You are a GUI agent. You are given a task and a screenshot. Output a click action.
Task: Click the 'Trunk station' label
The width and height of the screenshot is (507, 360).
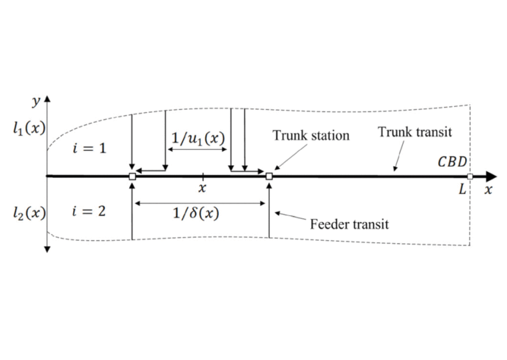click(311, 135)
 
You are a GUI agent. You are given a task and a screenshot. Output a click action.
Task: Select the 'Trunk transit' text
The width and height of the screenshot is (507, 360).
click(415, 132)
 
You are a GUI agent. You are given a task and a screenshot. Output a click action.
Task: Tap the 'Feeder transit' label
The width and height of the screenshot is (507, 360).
click(349, 224)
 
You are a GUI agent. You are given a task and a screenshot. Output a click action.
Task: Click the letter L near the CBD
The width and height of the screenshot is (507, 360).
click(462, 190)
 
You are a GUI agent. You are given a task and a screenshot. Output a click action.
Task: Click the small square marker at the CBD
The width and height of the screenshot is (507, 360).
click(470, 176)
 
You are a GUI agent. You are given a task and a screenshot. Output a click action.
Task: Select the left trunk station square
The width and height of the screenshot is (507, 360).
click(132, 176)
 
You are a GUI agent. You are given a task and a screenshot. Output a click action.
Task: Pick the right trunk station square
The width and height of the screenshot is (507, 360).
click(269, 176)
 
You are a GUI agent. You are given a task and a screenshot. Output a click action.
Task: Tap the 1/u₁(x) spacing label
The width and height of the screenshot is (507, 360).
click(198, 139)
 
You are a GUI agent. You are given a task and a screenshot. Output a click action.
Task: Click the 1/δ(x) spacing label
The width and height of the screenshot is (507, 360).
click(195, 214)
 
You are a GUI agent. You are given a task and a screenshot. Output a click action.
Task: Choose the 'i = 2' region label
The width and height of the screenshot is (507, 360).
click(89, 211)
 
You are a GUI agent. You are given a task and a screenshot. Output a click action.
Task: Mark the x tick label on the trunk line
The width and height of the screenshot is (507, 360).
click(202, 188)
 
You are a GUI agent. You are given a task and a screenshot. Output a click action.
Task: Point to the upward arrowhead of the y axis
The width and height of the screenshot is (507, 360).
click(47, 99)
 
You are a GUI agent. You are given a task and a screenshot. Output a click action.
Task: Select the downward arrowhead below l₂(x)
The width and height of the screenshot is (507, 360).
click(47, 249)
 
